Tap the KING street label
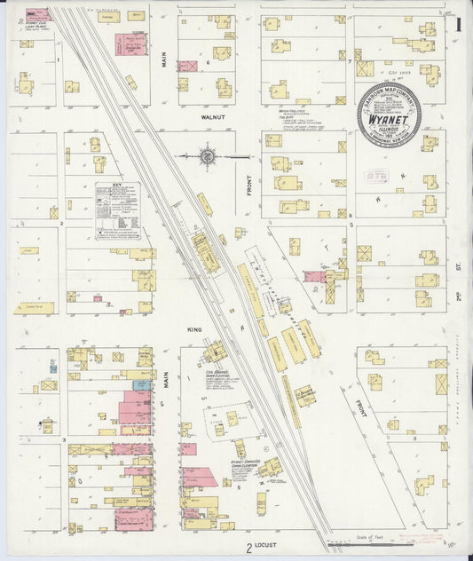[x=194, y=329]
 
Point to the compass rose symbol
[x=208, y=156]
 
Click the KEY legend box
[x=118, y=211]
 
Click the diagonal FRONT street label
[x=361, y=408]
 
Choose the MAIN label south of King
[x=166, y=382]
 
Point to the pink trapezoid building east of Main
[x=200, y=478]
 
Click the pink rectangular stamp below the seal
[x=377, y=177]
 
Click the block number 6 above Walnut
[x=208, y=63]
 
